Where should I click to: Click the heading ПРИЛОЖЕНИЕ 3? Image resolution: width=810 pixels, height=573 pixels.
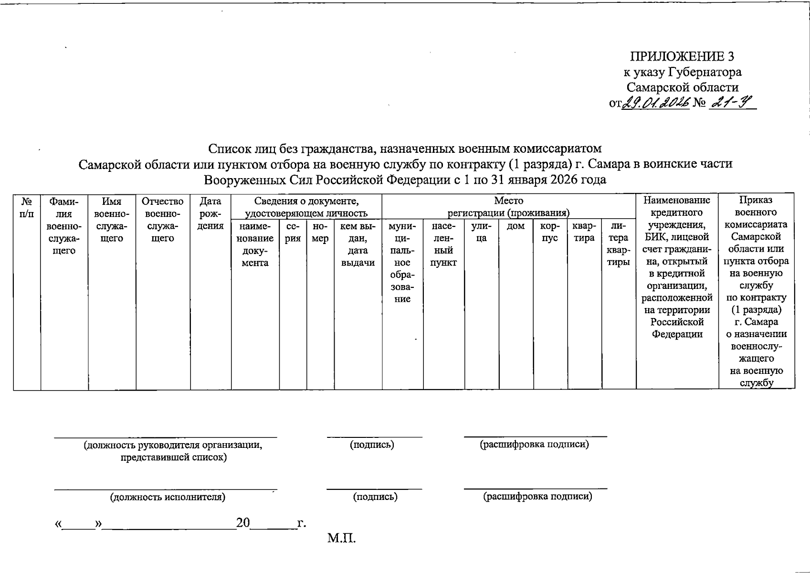(x=682, y=57)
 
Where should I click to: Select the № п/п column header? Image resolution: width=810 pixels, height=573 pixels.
(x=27, y=207)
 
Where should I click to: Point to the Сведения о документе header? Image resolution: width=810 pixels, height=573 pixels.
(x=306, y=207)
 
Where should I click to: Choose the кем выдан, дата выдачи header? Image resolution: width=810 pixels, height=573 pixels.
(x=358, y=244)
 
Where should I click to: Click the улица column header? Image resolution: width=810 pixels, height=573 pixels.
(x=481, y=232)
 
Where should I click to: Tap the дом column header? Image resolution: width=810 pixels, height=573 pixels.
(x=515, y=226)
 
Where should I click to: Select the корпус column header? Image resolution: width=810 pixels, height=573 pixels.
(x=550, y=232)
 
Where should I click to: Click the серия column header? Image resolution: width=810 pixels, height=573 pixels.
(x=293, y=232)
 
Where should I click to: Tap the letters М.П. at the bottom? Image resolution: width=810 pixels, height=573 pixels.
(x=341, y=539)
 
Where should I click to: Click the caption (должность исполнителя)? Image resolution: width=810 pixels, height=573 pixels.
(x=168, y=497)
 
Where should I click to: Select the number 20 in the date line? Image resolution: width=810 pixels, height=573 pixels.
(x=243, y=523)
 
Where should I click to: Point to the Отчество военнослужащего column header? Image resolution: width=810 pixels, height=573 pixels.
(x=163, y=220)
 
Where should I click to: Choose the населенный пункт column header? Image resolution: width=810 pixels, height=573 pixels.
(x=443, y=244)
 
